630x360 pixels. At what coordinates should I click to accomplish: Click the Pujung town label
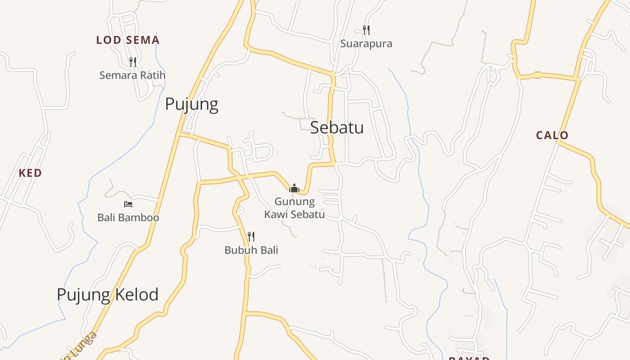192,104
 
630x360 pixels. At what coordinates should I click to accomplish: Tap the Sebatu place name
337,127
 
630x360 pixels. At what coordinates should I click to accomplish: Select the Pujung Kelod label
108,295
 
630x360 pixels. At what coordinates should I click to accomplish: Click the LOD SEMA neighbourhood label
128,40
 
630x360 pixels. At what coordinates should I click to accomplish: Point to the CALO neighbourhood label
552,135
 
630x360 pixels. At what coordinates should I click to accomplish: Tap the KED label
30,173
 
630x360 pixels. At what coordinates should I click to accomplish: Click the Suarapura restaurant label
366,44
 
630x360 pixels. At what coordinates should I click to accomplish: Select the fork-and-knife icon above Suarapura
366,30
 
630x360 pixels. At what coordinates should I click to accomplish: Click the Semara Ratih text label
132,75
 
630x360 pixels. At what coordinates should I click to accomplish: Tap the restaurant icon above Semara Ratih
132,62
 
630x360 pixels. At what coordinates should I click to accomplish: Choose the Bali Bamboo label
128,218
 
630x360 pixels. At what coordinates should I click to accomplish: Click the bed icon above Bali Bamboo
128,204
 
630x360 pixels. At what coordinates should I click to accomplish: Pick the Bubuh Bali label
252,250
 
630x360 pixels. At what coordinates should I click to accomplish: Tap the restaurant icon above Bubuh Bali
252,236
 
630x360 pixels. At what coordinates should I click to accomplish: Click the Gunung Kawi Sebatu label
295,208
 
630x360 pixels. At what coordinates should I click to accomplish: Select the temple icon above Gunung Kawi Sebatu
294,188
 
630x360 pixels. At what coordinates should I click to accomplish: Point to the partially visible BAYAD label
469,358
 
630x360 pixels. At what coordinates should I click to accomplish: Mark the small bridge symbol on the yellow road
537,75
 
